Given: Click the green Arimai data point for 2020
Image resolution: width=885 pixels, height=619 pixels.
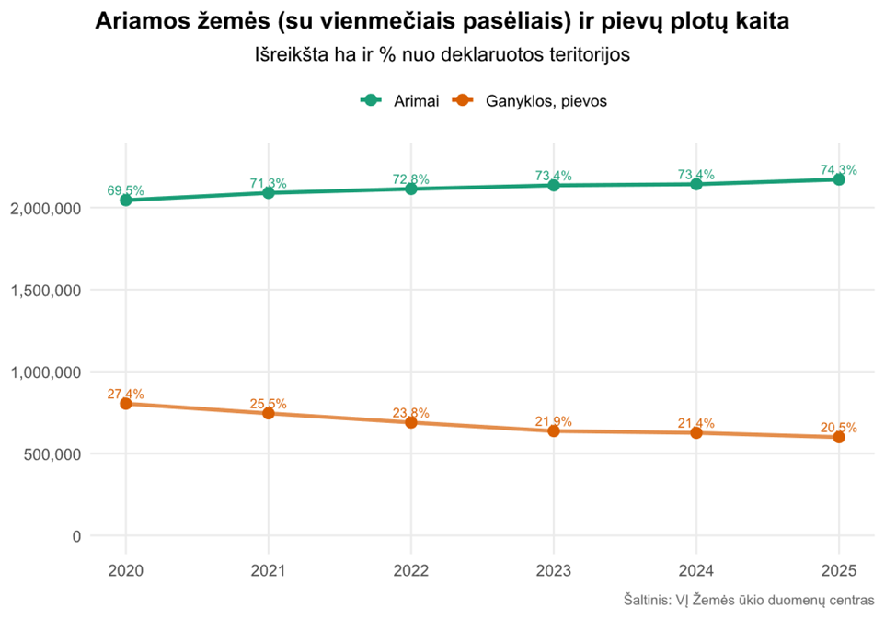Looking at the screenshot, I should point(125,200).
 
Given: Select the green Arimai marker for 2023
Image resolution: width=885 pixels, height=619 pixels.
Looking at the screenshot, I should point(554,185).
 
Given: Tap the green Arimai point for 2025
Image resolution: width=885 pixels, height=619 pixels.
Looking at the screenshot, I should point(839,179).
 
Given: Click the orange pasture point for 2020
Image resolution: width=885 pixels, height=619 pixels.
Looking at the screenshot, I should point(125,404).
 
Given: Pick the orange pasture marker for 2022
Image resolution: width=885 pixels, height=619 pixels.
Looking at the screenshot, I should point(411,422).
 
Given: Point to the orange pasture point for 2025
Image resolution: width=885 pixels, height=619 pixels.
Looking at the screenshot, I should point(839,437).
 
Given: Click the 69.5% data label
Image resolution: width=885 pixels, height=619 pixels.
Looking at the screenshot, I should point(125,190).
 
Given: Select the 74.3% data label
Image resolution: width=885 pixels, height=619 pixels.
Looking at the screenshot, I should point(838,169).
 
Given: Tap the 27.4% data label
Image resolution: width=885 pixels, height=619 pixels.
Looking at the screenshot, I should point(125,394).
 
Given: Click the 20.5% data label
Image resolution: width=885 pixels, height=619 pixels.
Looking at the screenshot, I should point(838,427).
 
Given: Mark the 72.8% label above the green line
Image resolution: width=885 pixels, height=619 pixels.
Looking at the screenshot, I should point(411,178).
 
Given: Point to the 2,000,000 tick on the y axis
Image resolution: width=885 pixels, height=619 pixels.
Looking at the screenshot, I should point(45,209).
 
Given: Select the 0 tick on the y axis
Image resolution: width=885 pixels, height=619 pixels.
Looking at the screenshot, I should point(75,536).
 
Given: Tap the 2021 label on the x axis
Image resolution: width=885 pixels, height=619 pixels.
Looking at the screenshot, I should point(268,570).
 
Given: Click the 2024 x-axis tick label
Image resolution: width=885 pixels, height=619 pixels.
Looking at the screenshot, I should point(696,570).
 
